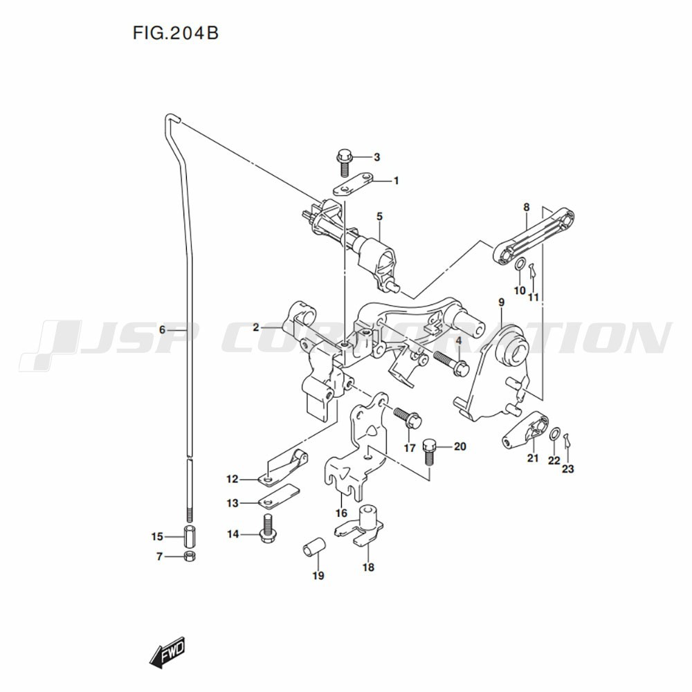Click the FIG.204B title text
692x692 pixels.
pyautogui.click(x=176, y=33)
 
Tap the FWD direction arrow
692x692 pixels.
pyautogui.click(x=167, y=651)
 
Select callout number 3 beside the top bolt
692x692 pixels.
pyautogui.click(x=376, y=157)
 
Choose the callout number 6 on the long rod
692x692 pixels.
pyautogui.click(x=163, y=329)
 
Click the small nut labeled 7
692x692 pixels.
pyautogui.click(x=190, y=556)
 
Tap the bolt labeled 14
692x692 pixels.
pyautogui.click(x=266, y=529)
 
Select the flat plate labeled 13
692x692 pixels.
pyautogui.click(x=279, y=496)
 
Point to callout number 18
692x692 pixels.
pyautogui.click(x=368, y=567)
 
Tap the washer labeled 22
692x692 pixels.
pyautogui.click(x=555, y=435)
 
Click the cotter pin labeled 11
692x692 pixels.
pyautogui.click(x=533, y=270)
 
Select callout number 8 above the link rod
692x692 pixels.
pyautogui.click(x=527, y=207)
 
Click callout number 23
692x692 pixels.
pyautogui.click(x=567, y=468)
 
